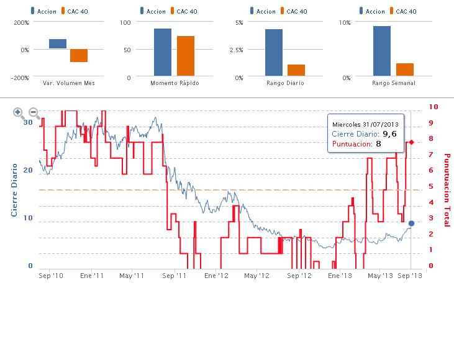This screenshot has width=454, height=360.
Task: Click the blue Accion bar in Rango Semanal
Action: [x=381, y=52]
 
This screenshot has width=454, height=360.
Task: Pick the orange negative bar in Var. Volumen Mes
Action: [x=79, y=55]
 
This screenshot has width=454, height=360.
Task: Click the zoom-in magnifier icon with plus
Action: [x=19, y=113]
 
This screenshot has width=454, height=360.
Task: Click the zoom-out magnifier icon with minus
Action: [x=35, y=113]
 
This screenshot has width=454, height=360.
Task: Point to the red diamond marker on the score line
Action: [x=411, y=142]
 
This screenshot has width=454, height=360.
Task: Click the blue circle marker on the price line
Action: [x=411, y=223]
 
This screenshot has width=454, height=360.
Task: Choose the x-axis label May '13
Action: [x=379, y=275]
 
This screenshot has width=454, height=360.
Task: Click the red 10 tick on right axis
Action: [x=434, y=107]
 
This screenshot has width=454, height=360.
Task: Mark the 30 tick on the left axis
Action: [x=27, y=122]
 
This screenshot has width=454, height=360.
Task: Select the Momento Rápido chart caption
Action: [x=175, y=83]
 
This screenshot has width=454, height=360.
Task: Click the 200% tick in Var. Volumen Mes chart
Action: [x=21, y=22]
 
